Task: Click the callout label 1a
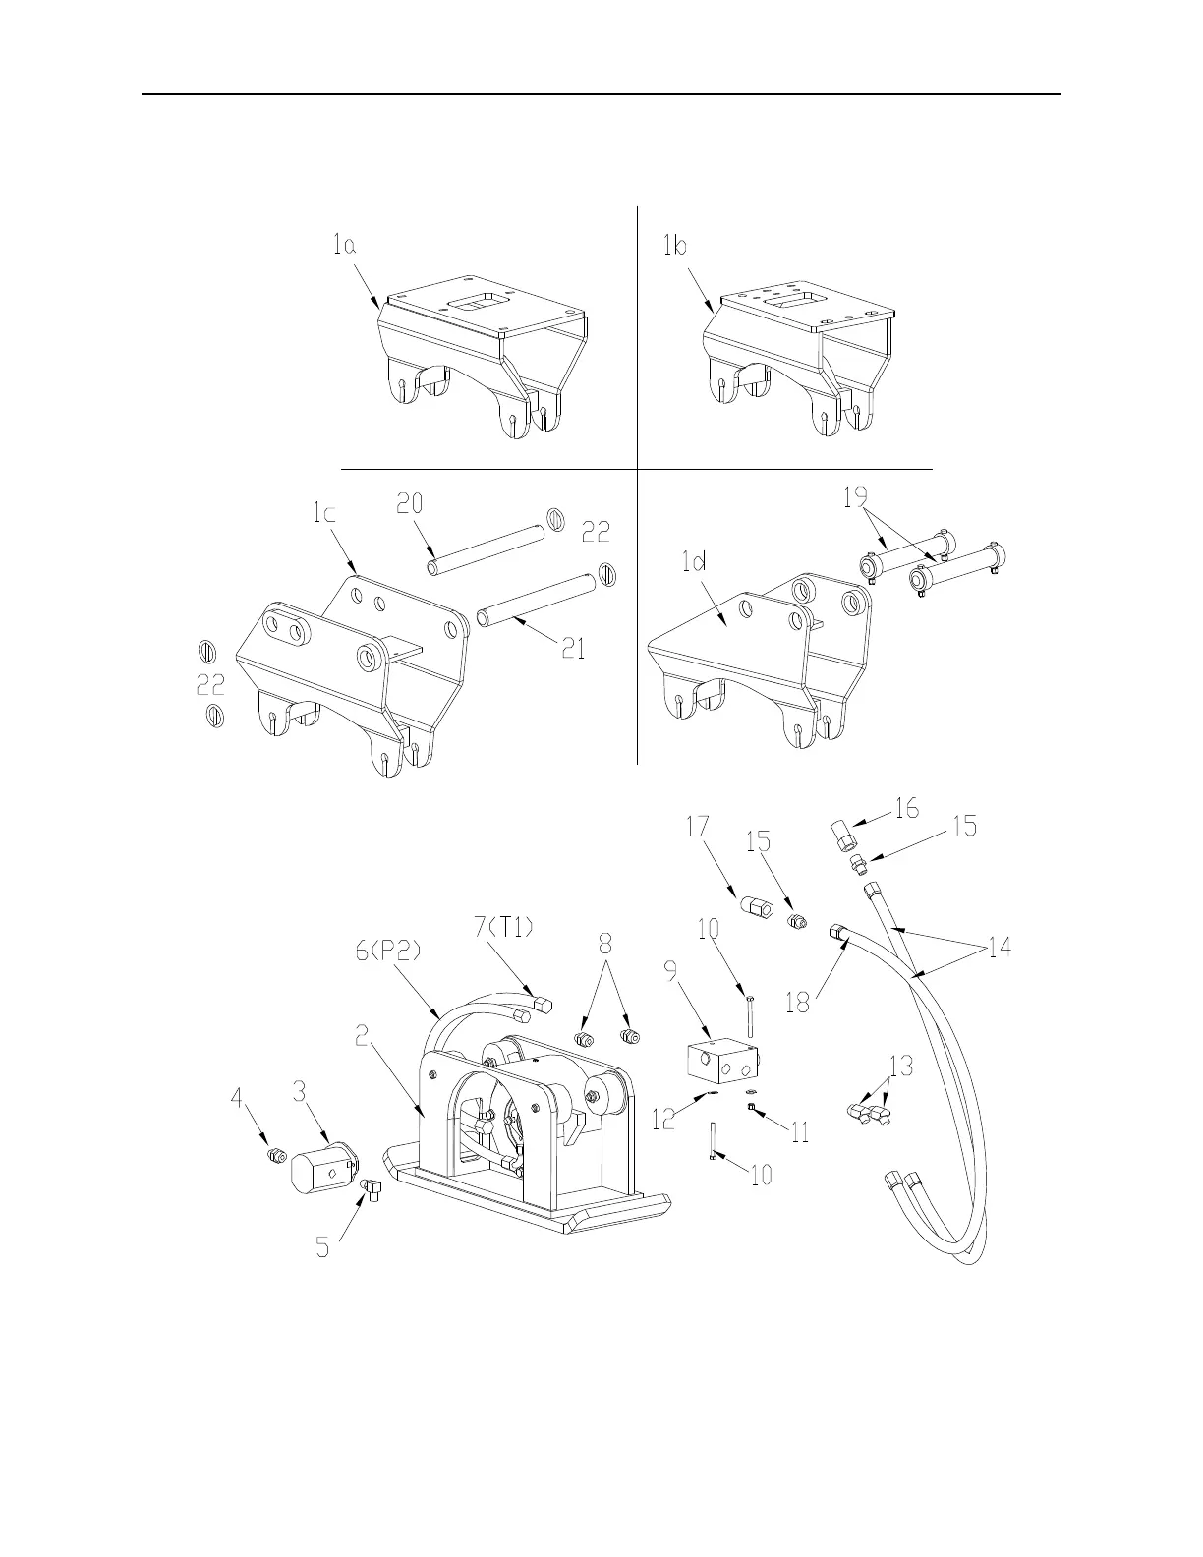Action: point(343,247)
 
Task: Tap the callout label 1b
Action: point(674,246)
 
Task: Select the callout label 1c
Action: point(323,512)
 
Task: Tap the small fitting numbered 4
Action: point(276,1155)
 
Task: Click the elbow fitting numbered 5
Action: point(372,1188)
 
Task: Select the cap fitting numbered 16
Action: point(843,838)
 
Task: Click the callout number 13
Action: point(900,1065)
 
